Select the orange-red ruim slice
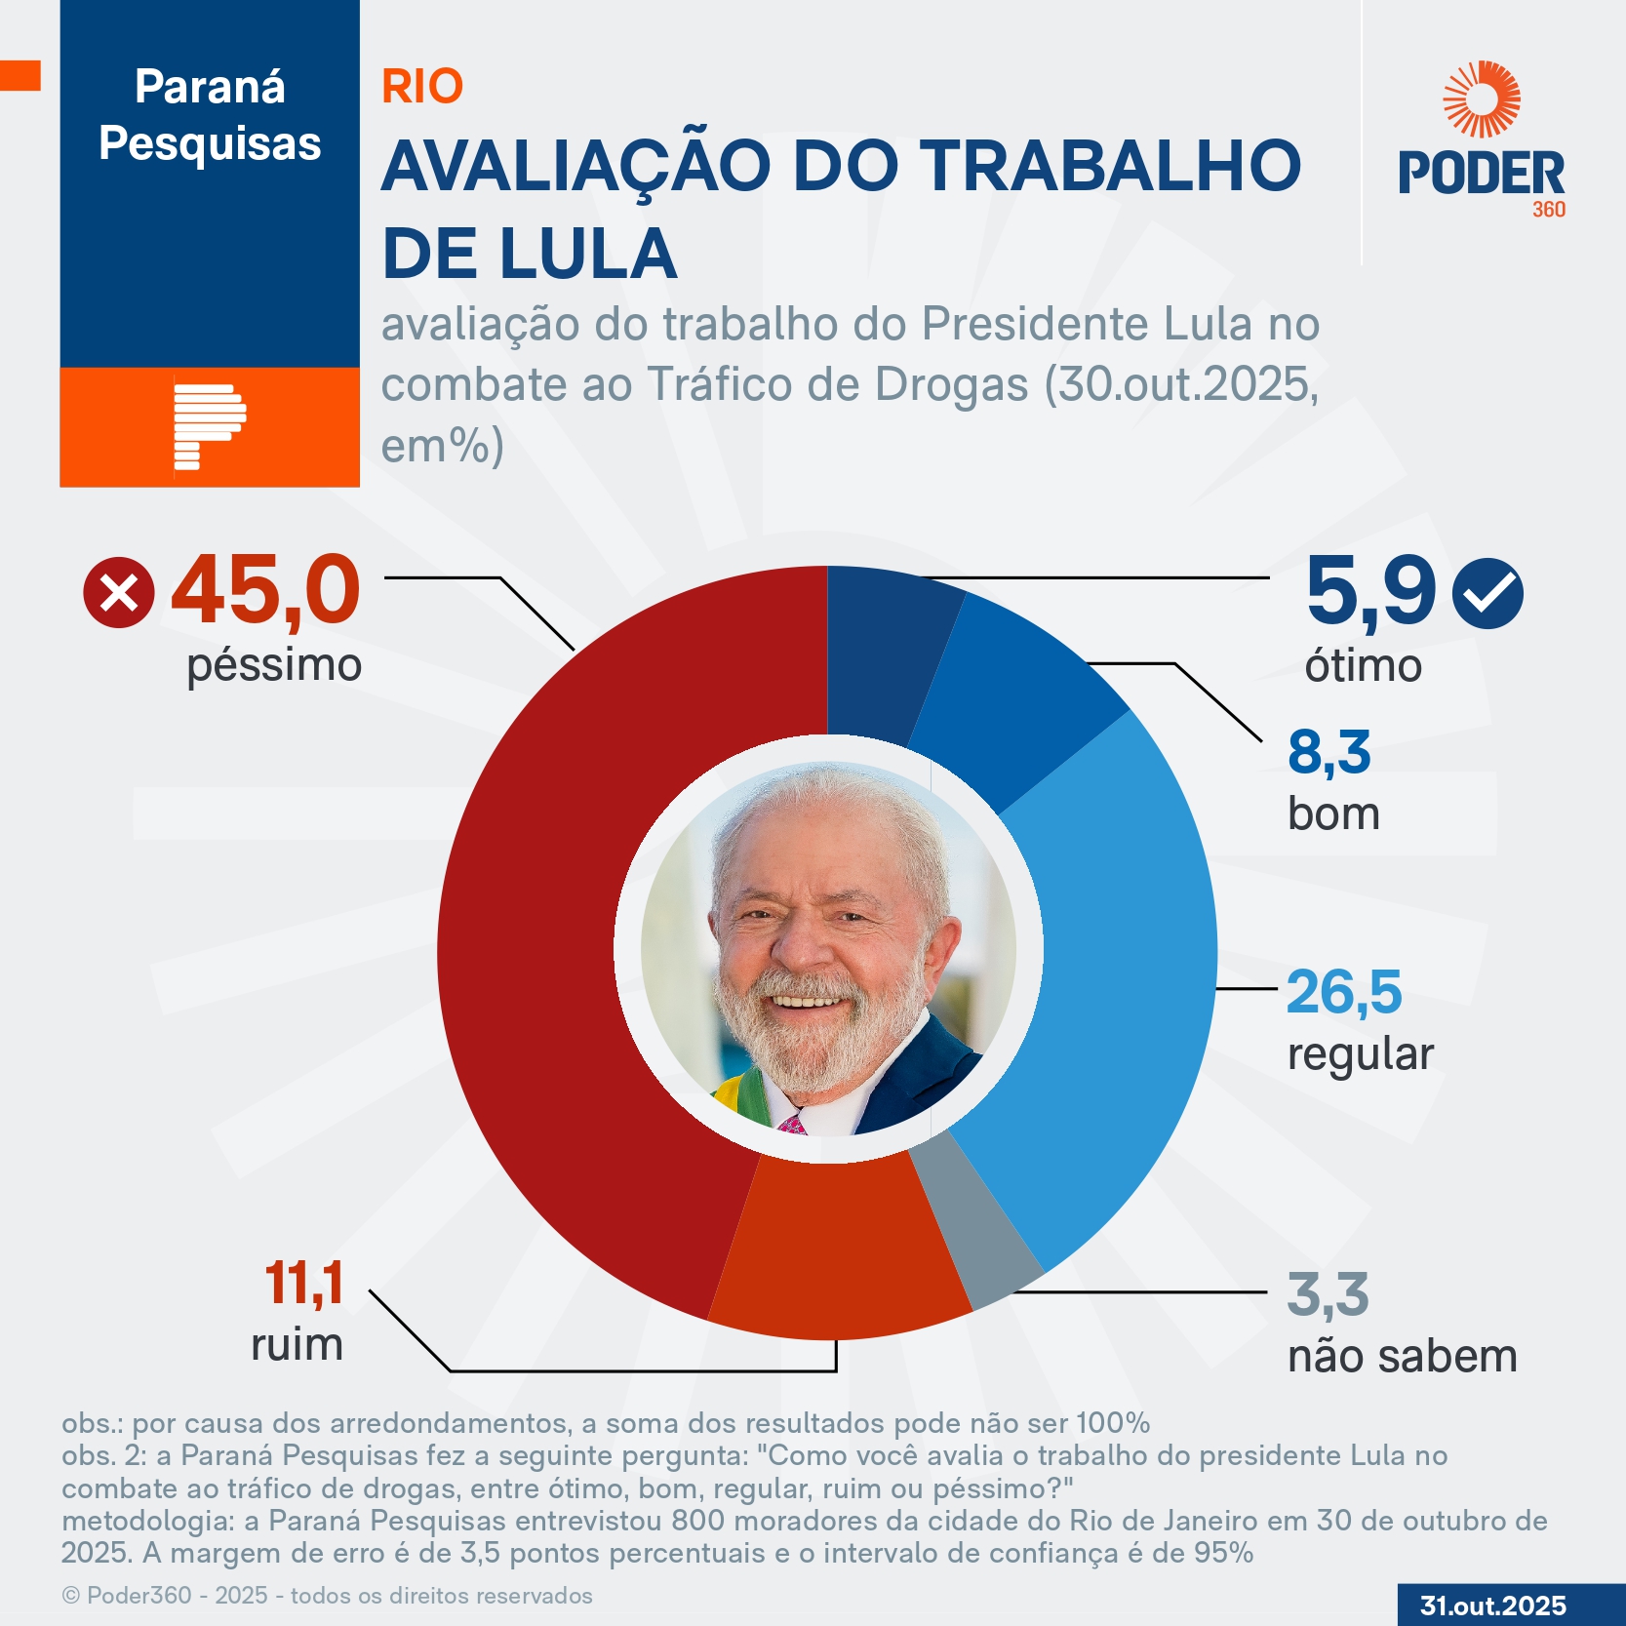point(839,1249)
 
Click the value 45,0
point(265,590)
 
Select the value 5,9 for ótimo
point(1370,590)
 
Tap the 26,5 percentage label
point(1344,992)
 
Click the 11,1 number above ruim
point(304,1283)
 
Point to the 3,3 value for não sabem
point(1328,1294)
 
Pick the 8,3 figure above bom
point(1329,752)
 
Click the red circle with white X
point(119,593)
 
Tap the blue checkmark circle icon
point(1487,592)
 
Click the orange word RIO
point(422,87)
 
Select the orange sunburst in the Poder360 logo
point(1482,99)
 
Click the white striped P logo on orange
point(208,427)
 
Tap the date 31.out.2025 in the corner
point(1493,1606)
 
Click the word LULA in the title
point(589,254)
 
